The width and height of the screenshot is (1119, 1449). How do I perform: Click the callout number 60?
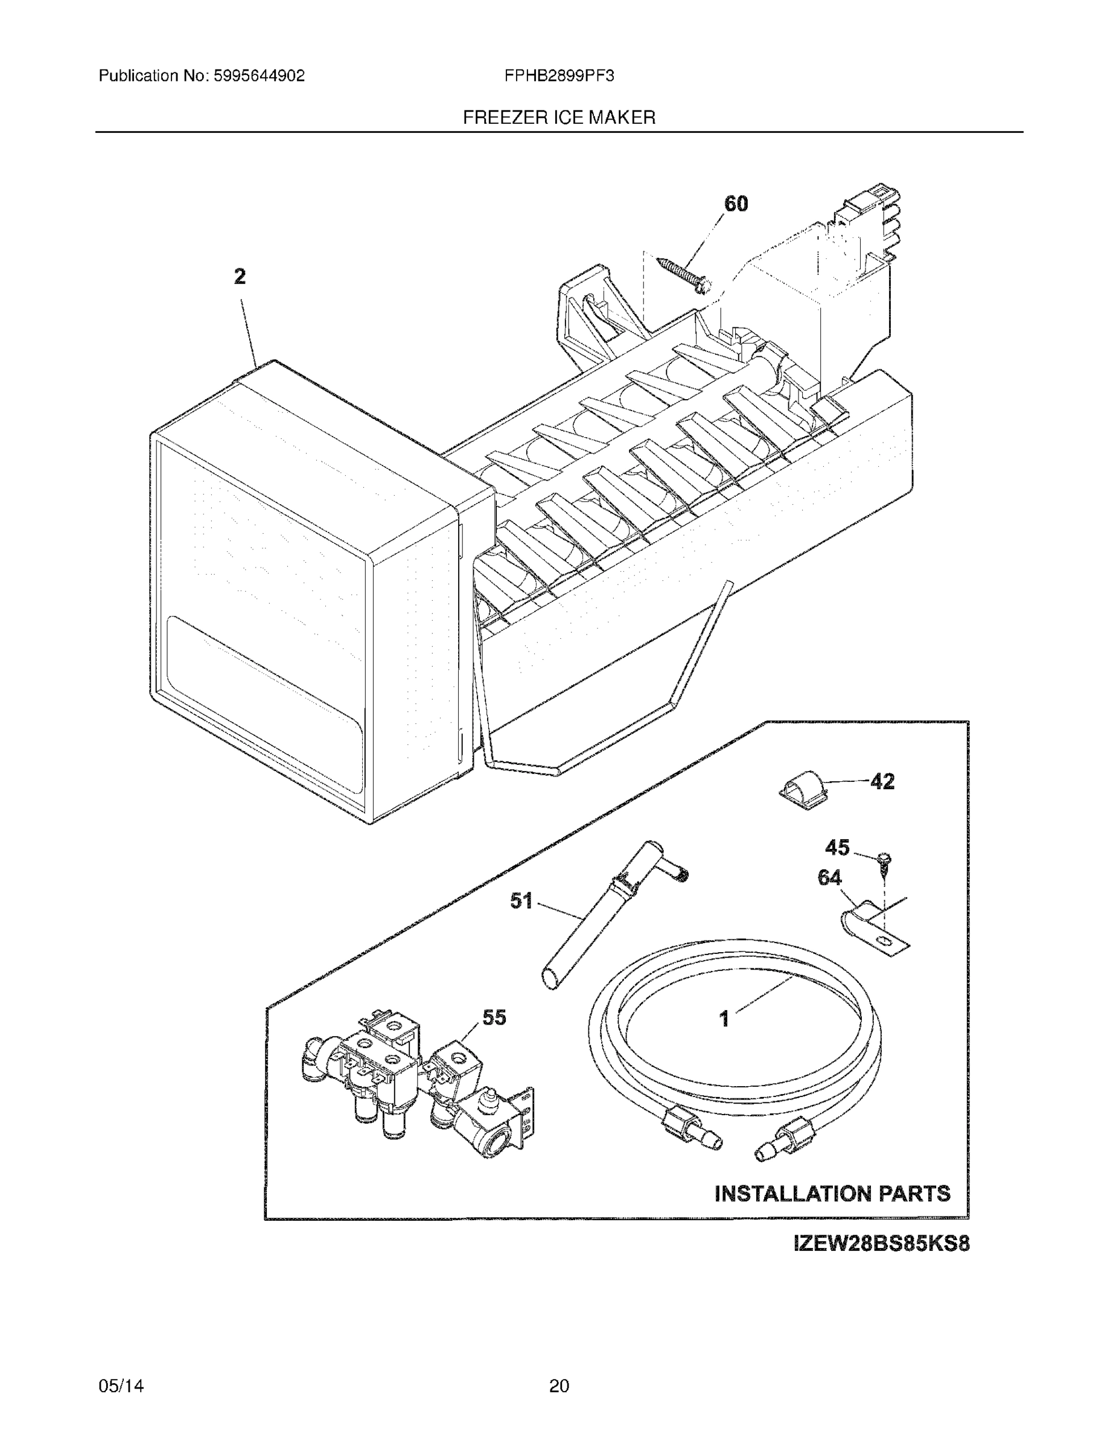(736, 203)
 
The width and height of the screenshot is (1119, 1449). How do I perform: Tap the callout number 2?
(240, 276)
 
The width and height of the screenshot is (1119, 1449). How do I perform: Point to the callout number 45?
(837, 847)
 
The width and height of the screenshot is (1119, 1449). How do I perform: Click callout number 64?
(829, 878)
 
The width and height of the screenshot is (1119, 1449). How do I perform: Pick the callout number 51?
(521, 900)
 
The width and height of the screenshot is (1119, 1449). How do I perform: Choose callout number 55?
(494, 1017)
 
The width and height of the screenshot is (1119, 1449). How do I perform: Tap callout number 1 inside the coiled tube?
(724, 1019)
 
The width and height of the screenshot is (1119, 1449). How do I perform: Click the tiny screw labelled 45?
(884, 860)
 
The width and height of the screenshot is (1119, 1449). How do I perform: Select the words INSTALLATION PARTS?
(832, 1194)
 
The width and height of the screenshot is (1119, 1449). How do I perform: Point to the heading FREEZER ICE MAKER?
(559, 118)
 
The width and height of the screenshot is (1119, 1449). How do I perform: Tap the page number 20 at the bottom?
(559, 1386)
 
